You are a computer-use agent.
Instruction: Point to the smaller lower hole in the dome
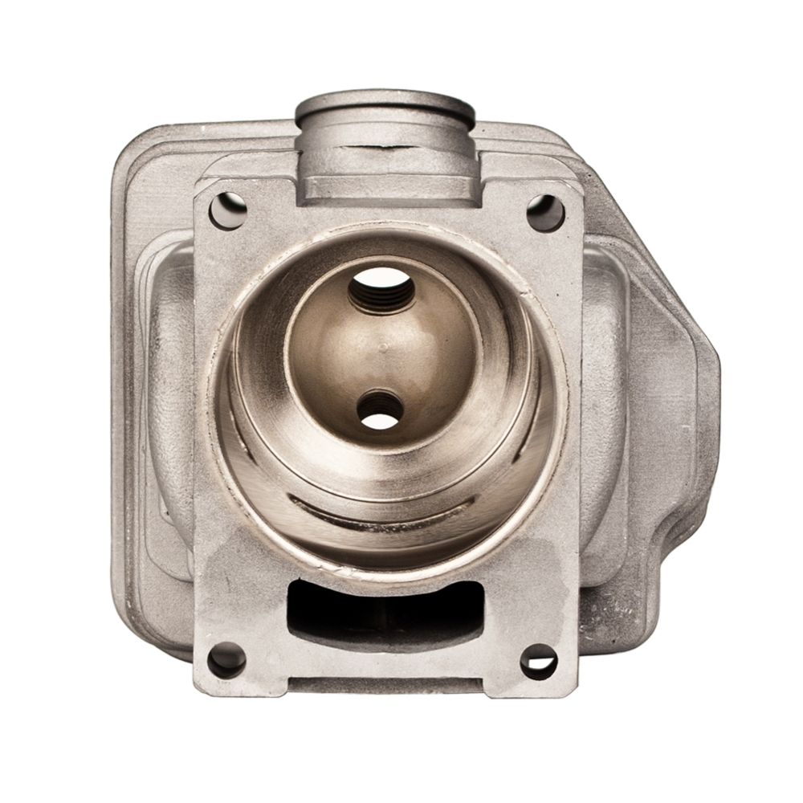pos(377,408)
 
